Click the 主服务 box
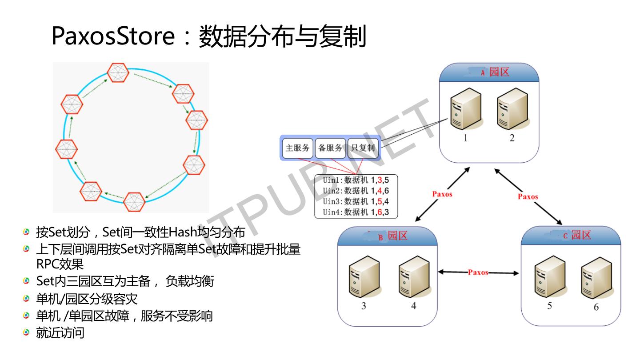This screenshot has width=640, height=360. [297, 148]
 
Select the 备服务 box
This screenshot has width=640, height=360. [331, 148]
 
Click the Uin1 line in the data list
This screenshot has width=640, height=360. [356, 181]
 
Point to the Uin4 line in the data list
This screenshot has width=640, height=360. [356, 212]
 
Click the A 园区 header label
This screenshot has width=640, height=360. [495, 72]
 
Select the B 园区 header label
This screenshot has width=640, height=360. [393, 236]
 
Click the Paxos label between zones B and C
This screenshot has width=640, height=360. [478, 272]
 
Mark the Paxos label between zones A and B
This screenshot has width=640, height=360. [442, 194]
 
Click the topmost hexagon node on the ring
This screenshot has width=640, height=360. [118, 72]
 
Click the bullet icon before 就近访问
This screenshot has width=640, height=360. [27, 332]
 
